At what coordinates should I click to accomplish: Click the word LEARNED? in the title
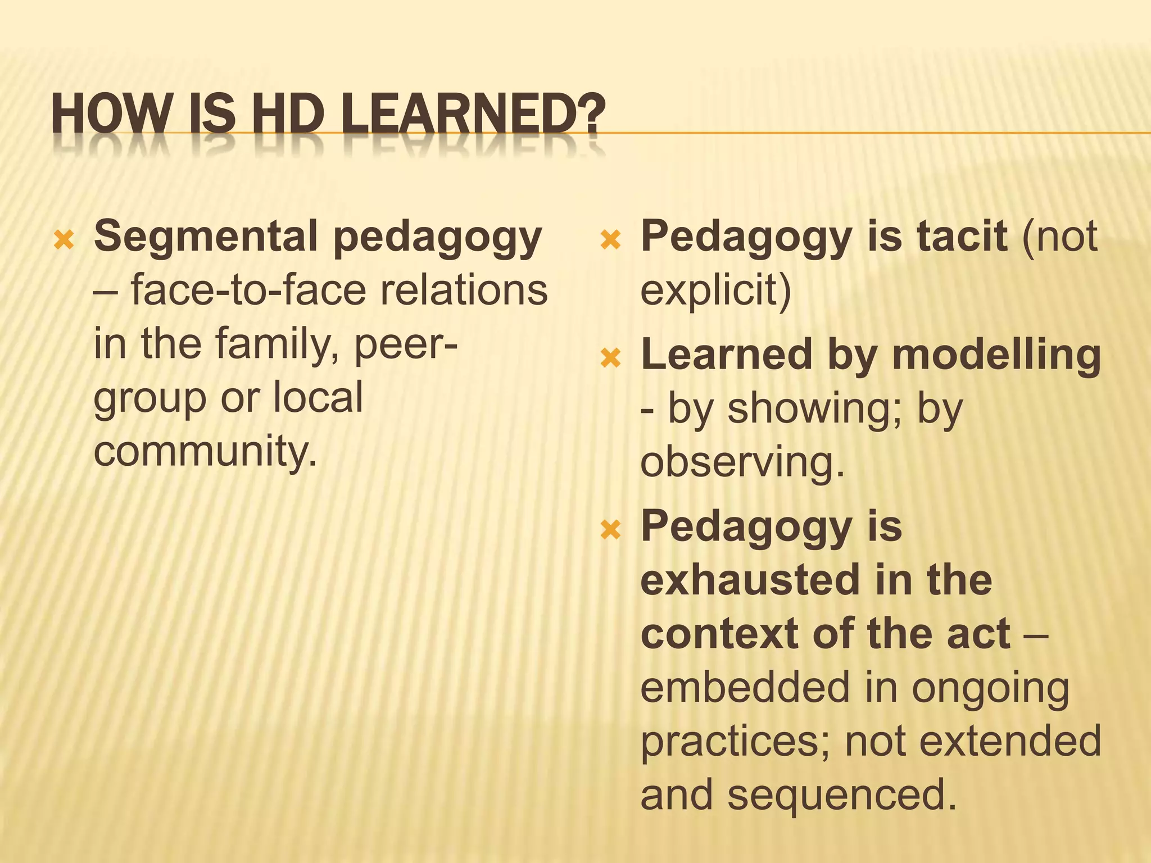pos(473,113)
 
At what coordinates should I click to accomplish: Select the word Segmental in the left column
pos(206,237)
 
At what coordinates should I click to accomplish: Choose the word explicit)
pos(715,290)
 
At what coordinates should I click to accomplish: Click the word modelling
pos(996,355)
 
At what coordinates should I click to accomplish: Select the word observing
pos(742,462)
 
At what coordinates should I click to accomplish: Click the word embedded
pos(744,688)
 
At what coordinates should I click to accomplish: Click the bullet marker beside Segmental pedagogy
pos(64,241)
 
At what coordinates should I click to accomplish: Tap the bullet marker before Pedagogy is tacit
pos(610,241)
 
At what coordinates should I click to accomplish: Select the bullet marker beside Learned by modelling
pos(610,358)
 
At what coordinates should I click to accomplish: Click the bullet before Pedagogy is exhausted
pos(610,530)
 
